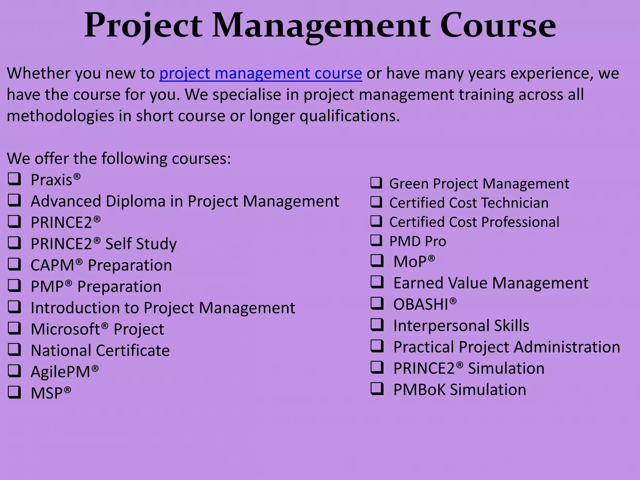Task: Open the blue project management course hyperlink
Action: click(x=261, y=74)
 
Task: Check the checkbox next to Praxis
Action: click(x=14, y=179)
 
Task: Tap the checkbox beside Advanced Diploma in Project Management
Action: click(x=14, y=200)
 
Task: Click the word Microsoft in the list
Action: click(x=65, y=329)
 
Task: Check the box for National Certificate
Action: click(x=14, y=350)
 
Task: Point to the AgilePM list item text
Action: click(x=61, y=372)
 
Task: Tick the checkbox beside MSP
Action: click(x=14, y=392)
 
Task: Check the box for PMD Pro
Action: click(x=376, y=241)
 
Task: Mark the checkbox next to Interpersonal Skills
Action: click(x=377, y=325)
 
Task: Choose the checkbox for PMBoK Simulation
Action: click(x=377, y=389)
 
